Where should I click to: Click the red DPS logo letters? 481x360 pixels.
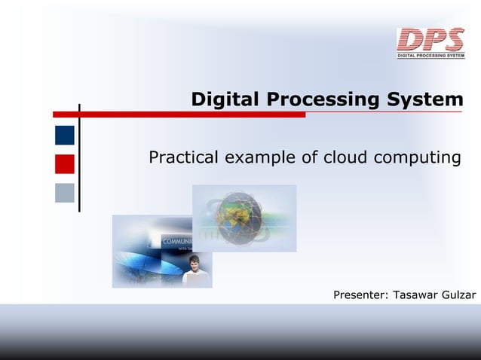pos(430,39)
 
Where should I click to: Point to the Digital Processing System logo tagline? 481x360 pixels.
pos(430,55)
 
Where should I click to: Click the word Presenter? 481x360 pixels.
pos(361,294)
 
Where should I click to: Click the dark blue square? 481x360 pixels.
pos(65,135)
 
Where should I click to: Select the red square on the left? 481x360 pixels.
pos(65,164)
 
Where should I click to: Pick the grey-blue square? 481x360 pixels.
pos(65,193)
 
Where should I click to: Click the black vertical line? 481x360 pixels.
pos(79,158)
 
